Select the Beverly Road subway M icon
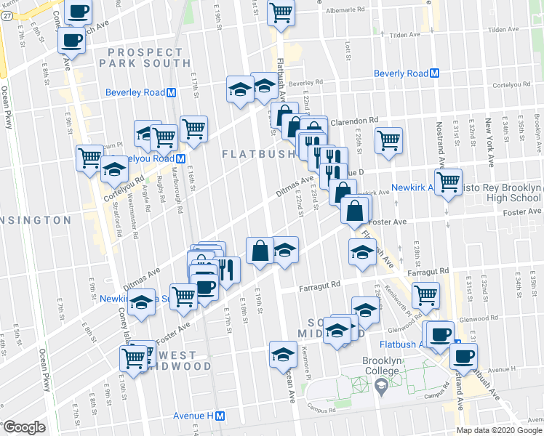click(435, 73)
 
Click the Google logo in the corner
click(24, 427)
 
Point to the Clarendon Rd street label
click(355, 121)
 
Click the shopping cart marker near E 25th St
click(389, 139)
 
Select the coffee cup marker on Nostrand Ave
click(463, 356)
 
